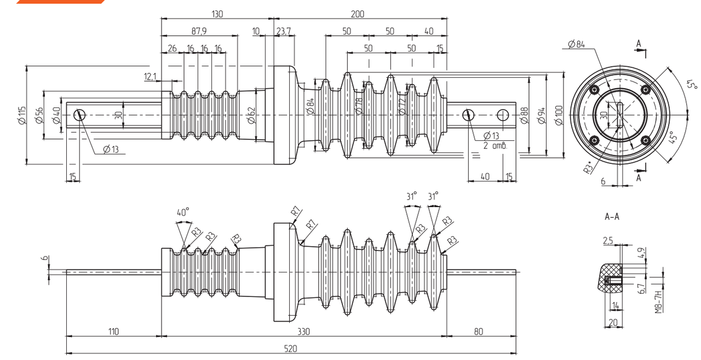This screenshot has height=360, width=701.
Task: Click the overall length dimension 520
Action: coord(291,348)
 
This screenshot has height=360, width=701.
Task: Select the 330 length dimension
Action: coord(303,332)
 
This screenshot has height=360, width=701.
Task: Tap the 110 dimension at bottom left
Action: coord(113,332)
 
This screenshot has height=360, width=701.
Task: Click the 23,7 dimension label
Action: coord(284,31)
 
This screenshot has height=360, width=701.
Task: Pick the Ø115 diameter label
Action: coord(22,115)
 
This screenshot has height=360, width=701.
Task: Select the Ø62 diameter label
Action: coord(251,115)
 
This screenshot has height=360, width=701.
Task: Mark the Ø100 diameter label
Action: coord(559,115)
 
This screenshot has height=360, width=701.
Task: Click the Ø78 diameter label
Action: coord(359,106)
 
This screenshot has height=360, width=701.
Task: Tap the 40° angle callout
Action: coord(183,212)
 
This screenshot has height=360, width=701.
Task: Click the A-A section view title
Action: coord(612,216)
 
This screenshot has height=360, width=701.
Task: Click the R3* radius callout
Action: coord(589,168)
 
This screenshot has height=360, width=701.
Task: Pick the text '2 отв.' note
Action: coord(496,146)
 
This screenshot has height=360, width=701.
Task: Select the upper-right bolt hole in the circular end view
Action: coord(646,89)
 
